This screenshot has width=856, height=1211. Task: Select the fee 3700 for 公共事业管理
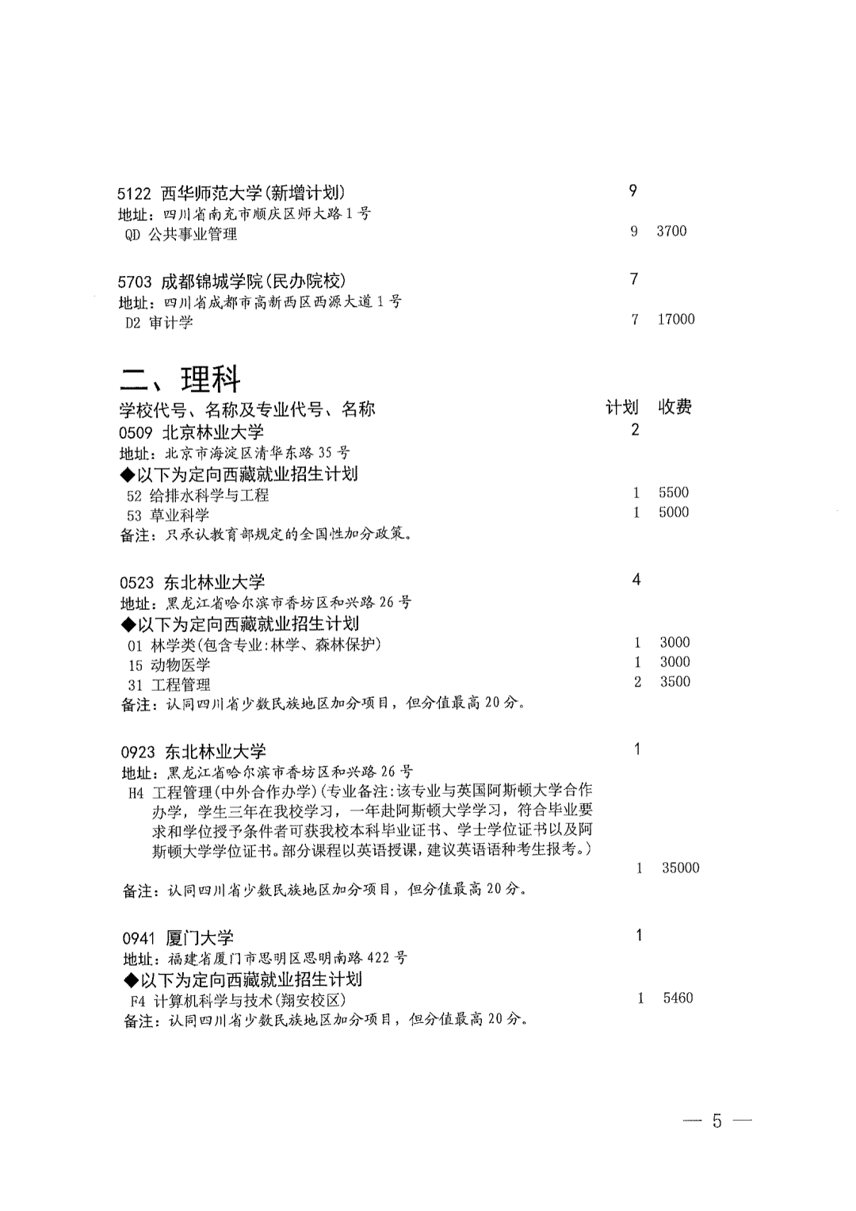[671, 231]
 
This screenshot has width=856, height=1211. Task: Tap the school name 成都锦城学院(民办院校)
[254, 281]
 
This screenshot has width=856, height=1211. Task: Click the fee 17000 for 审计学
[675, 319]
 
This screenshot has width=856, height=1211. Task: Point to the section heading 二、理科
[180, 380]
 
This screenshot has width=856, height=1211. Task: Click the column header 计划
[621, 408]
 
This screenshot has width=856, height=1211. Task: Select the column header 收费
[674, 408]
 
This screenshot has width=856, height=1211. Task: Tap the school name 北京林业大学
[213, 432]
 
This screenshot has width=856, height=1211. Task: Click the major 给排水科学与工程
[209, 495]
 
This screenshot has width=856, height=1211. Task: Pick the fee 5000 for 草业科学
[673, 512]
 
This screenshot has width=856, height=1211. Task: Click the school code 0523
[137, 582]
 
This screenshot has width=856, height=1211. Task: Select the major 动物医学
[180, 665]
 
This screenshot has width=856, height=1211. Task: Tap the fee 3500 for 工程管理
[674, 681]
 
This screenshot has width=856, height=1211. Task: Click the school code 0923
[138, 752]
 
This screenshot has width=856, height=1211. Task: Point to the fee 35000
[680, 868]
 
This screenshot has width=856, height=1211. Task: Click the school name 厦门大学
[200, 938]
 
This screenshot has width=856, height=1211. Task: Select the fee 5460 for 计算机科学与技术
[678, 998]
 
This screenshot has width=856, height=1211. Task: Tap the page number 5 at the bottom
[717, 1121]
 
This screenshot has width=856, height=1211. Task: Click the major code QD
[132, 235]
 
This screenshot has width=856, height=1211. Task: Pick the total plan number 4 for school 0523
[636, 580]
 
